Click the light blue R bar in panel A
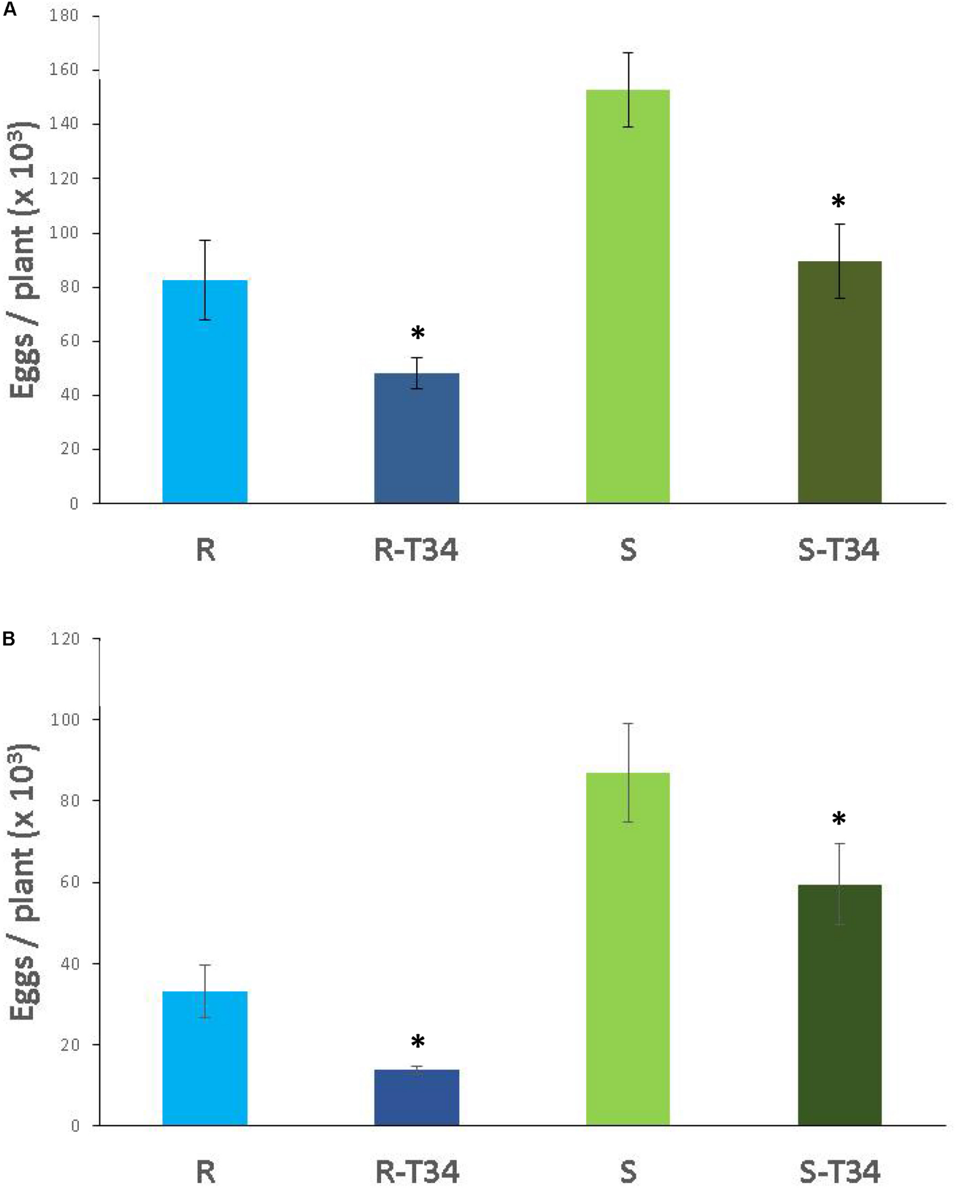pyautogui.click(x=205, y=391)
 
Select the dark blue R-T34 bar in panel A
pyautogui.click(x=417, y=439)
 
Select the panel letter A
pyautogui.click(x=10, y=10)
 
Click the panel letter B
pyautogui.click(x=10, y=639)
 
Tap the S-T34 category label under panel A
pyautogui.click(x=839, y=550)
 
